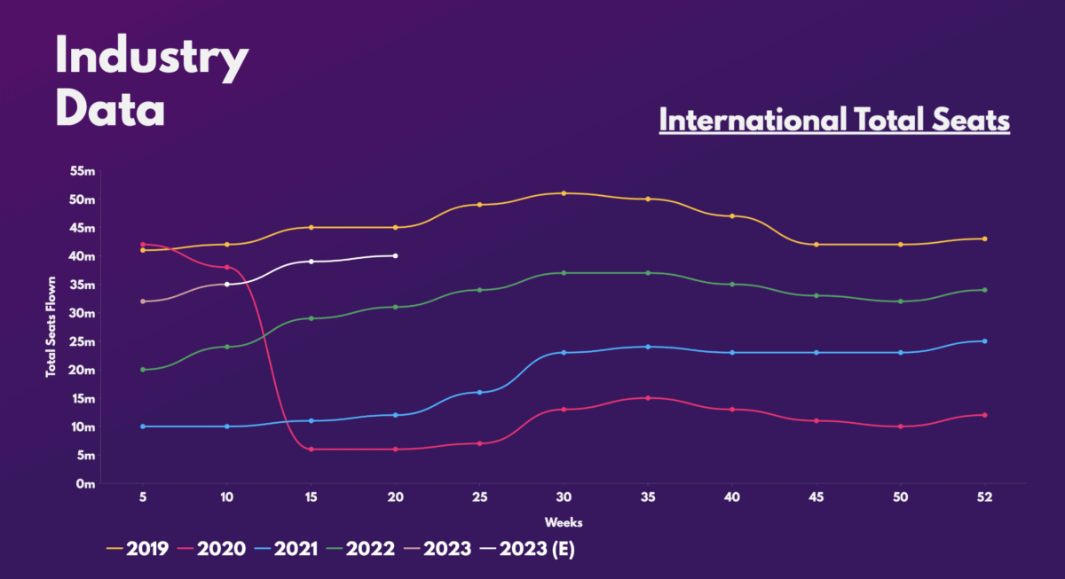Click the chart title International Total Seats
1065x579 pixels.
pos(834,120)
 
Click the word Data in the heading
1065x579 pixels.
pos(110,111)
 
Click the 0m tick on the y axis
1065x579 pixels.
pos(85,484)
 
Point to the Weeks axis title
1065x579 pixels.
pos(564,521)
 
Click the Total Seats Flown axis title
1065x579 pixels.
pos(51,327)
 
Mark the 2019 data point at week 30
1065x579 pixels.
pos(564,193)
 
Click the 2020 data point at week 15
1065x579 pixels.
pos(311,450)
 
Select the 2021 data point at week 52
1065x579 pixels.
pos(984,341)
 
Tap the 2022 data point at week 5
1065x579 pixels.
pos(142,370)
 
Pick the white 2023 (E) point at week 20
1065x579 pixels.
pos(395,255)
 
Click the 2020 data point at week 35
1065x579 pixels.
pos(648,398)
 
